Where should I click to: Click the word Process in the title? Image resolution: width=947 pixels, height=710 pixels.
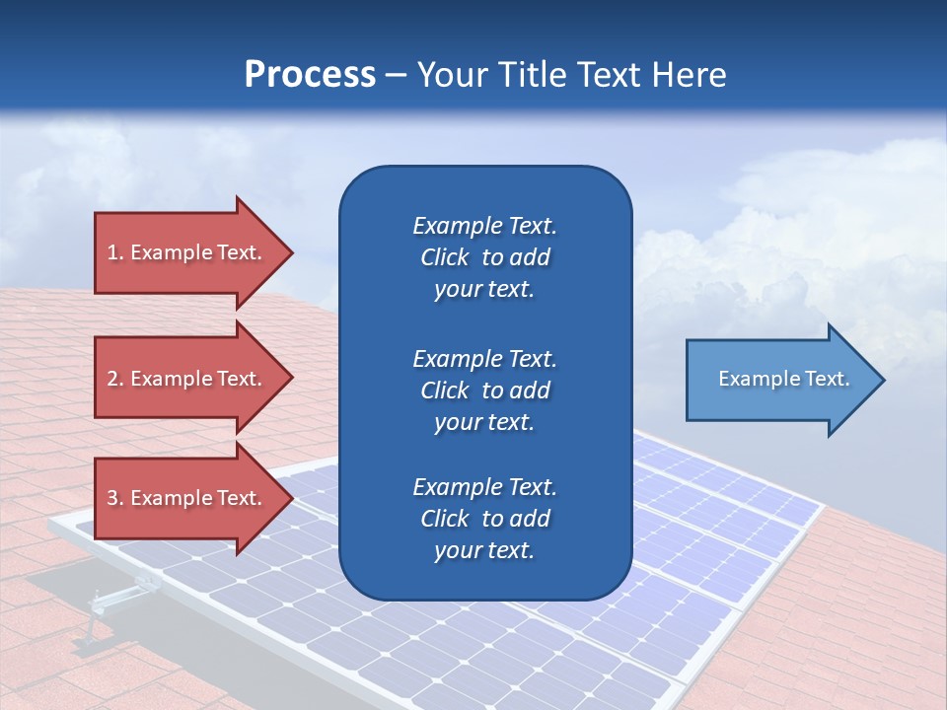(x=310, y=75)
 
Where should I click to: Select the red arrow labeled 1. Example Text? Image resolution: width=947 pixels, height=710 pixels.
(x=187, y=252)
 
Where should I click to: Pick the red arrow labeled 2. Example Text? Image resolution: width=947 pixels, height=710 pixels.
(x=187, y=379)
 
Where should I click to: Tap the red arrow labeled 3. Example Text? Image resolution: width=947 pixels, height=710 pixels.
(x=187, y=498)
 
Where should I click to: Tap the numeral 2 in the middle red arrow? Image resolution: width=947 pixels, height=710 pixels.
(x=112, y=379)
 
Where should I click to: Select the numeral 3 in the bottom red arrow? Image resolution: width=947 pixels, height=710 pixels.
(x=112, y=498)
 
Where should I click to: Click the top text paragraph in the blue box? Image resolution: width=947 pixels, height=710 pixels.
(x=484, y=257)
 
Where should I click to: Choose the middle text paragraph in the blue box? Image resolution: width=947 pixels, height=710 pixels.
(x=484, y=390)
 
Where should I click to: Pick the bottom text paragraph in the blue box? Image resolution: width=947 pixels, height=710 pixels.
(x=484, y=519)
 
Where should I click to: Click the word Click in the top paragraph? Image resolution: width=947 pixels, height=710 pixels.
(x=444, y=257)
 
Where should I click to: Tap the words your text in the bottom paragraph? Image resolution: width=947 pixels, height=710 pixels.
(x=484, y=550)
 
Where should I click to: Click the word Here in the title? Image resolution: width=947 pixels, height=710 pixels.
(x=690, y=75)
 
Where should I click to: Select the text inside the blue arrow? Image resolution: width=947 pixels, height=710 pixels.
(x=783, y=379)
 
